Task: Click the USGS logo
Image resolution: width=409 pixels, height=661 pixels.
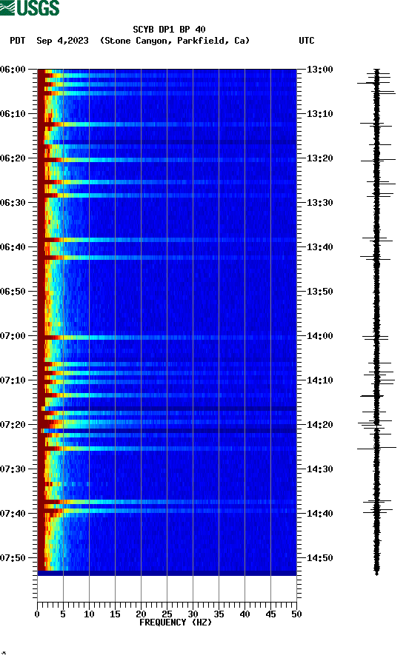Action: coord(30,8)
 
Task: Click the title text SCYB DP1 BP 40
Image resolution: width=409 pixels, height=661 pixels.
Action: coord(169,30)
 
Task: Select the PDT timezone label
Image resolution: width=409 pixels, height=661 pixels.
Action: coord(18,41)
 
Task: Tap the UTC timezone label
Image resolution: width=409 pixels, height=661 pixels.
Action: coord(307,41)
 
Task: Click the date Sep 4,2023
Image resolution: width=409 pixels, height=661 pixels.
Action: coord(63,41)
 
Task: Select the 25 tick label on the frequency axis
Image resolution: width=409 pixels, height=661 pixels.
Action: coord(167,614)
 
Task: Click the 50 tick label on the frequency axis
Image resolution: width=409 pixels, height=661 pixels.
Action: coord(296,614)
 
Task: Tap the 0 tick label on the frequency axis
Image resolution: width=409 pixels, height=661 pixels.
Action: coord(37,614)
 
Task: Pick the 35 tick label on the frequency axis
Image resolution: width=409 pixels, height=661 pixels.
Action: coord(219,614)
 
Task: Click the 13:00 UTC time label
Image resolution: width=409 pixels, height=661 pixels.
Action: coord(319,70)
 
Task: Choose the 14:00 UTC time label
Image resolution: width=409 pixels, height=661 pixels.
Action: coord(319,336)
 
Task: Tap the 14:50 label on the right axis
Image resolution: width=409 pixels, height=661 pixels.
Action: coord(319,558)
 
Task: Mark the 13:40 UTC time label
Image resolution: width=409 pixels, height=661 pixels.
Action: coord(319,247)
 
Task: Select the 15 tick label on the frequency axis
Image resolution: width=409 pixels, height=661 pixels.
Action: coord(115,614)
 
